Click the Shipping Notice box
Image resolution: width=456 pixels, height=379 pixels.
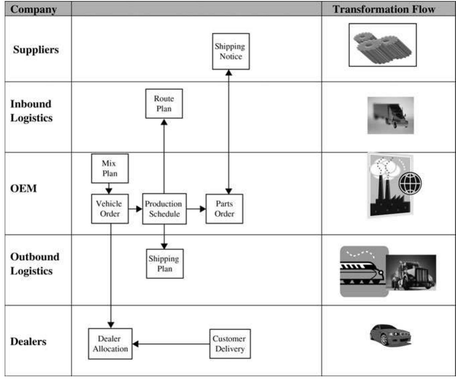(x=231, y=51)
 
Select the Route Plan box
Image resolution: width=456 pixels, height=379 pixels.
(x=164, y=103)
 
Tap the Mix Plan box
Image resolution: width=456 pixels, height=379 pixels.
(x=110, y=168)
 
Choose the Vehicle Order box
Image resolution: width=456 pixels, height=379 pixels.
(x=110, y=209)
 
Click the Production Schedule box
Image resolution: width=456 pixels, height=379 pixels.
(x=164, y=209)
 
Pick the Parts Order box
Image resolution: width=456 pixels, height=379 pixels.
(x=224, y=209)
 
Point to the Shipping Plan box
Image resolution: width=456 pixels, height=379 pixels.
(x=165, y=263)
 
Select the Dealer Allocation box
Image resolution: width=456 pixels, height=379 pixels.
(x=110, y=344)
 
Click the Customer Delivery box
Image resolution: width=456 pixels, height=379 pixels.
(x=230, y=344)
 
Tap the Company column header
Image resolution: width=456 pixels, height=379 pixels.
(x=34, y=9)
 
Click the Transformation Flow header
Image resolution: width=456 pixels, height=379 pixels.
(x=384, y=9)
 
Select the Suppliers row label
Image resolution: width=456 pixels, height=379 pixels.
(x=36, y=50)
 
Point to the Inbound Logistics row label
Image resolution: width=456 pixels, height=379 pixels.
(x=31, y=111)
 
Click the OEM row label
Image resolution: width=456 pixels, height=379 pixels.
(x=24, y=188)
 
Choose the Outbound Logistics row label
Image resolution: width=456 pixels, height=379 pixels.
(x=35, y=264)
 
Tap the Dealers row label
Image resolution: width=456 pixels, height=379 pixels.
(x=28, y=341)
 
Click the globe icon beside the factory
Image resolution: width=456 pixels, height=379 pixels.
(x=410, y=183)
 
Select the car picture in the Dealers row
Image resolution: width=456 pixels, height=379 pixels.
(x=390, y=334)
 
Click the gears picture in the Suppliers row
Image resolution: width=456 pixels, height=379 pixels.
(x=382, y=45)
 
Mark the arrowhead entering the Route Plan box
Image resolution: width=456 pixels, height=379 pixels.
(x=164, y=122)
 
